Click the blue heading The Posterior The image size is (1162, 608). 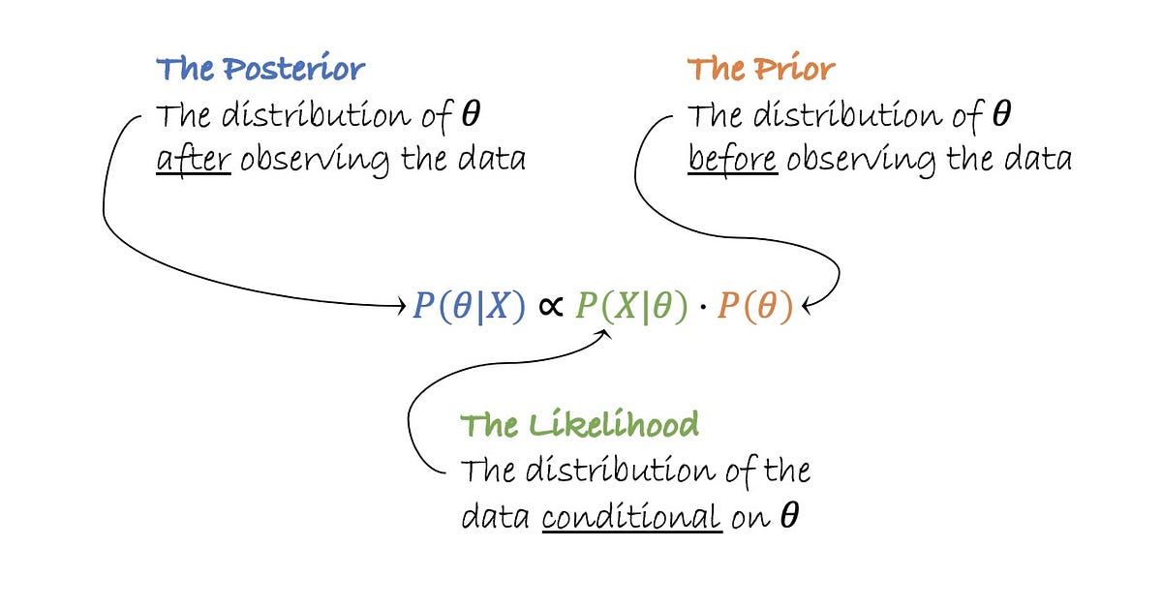[x=260, y=70]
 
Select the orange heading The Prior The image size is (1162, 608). [x=760, y=70]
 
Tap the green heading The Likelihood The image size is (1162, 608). [x=579, y=425]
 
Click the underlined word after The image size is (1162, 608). [x=194, y=158]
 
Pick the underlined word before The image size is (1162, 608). [x=732, y=158]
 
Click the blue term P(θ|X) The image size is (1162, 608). [x=469, y=307]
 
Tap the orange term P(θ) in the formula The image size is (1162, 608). [x=754, y=307]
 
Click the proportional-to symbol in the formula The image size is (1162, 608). [x=550, y=308]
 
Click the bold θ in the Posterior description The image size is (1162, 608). [x=472, y=115]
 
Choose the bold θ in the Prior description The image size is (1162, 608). [x=1002, y=115]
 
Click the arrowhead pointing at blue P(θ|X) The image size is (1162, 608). [x=400, y=307]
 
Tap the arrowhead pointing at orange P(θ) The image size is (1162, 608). [x=806, y=309]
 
